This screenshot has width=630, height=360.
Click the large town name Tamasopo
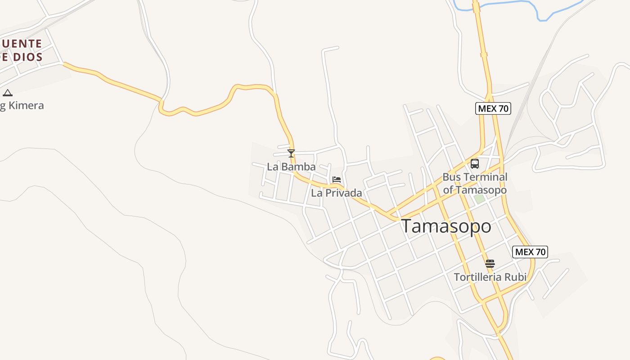tap(446, 226)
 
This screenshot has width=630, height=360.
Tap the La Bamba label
tap(291, 167)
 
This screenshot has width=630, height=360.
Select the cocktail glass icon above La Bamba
tap(291, 153)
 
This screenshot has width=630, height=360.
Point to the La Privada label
tap(337, 193)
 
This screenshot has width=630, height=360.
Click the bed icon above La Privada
tap(336, 180)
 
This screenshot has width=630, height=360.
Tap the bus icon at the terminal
tap(475, 164)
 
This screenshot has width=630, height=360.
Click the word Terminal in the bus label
tap(485, 177)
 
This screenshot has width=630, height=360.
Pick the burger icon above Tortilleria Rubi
tap(490, 264)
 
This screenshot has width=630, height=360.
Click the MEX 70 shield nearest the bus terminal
tap(493, 108)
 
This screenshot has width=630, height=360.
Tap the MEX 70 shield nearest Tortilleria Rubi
tap(530, 252)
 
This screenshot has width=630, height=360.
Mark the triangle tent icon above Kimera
tap(7, 93)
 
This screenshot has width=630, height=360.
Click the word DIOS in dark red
tap(27, 57)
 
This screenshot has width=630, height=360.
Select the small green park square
tap(479, 198)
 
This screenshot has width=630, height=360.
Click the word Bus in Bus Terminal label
tap(451, 177)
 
